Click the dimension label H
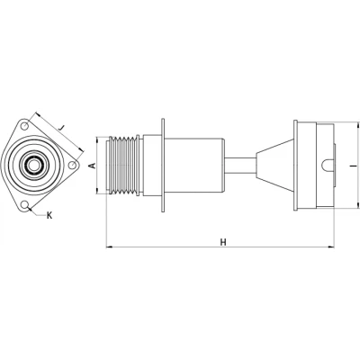tap(223, 242)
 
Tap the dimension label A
tap(93, 166)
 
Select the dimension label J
tap(62, 128)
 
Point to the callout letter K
tap(49, 215)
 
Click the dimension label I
tap(355, 166)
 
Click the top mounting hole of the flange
tap(25, 126)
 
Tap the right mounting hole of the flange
tap(72, 165)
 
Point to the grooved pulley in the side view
tap(124, 166)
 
